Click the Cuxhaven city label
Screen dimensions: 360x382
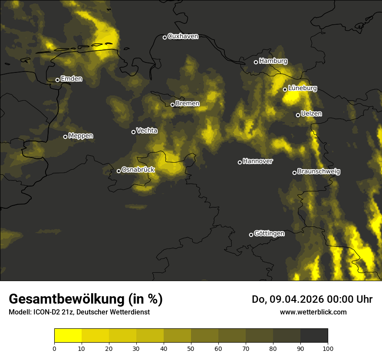pos(183,36)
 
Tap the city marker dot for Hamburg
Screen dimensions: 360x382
pos(256,62)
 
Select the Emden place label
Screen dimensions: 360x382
pos(71,79)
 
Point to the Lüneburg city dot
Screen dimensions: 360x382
pos(285,89)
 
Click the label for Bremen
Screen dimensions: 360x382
pos(188,104)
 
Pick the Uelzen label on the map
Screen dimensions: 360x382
pos(311,114)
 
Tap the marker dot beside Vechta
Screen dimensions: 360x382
pos(133,132)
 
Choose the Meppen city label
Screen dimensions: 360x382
pos(81,136)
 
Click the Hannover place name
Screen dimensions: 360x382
pos(258,161)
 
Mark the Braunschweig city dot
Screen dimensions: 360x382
pos(294,173)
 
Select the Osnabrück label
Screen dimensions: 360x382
pos(138,170)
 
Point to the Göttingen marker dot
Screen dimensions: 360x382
pos(251,235)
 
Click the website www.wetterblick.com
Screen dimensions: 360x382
pos(313,312)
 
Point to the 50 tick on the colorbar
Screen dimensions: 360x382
pos(191,348)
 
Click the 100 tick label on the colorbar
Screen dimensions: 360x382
pos(328,348)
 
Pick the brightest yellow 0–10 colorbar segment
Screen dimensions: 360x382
pos(68,336)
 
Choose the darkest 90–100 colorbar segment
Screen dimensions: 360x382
pos(314,336)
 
